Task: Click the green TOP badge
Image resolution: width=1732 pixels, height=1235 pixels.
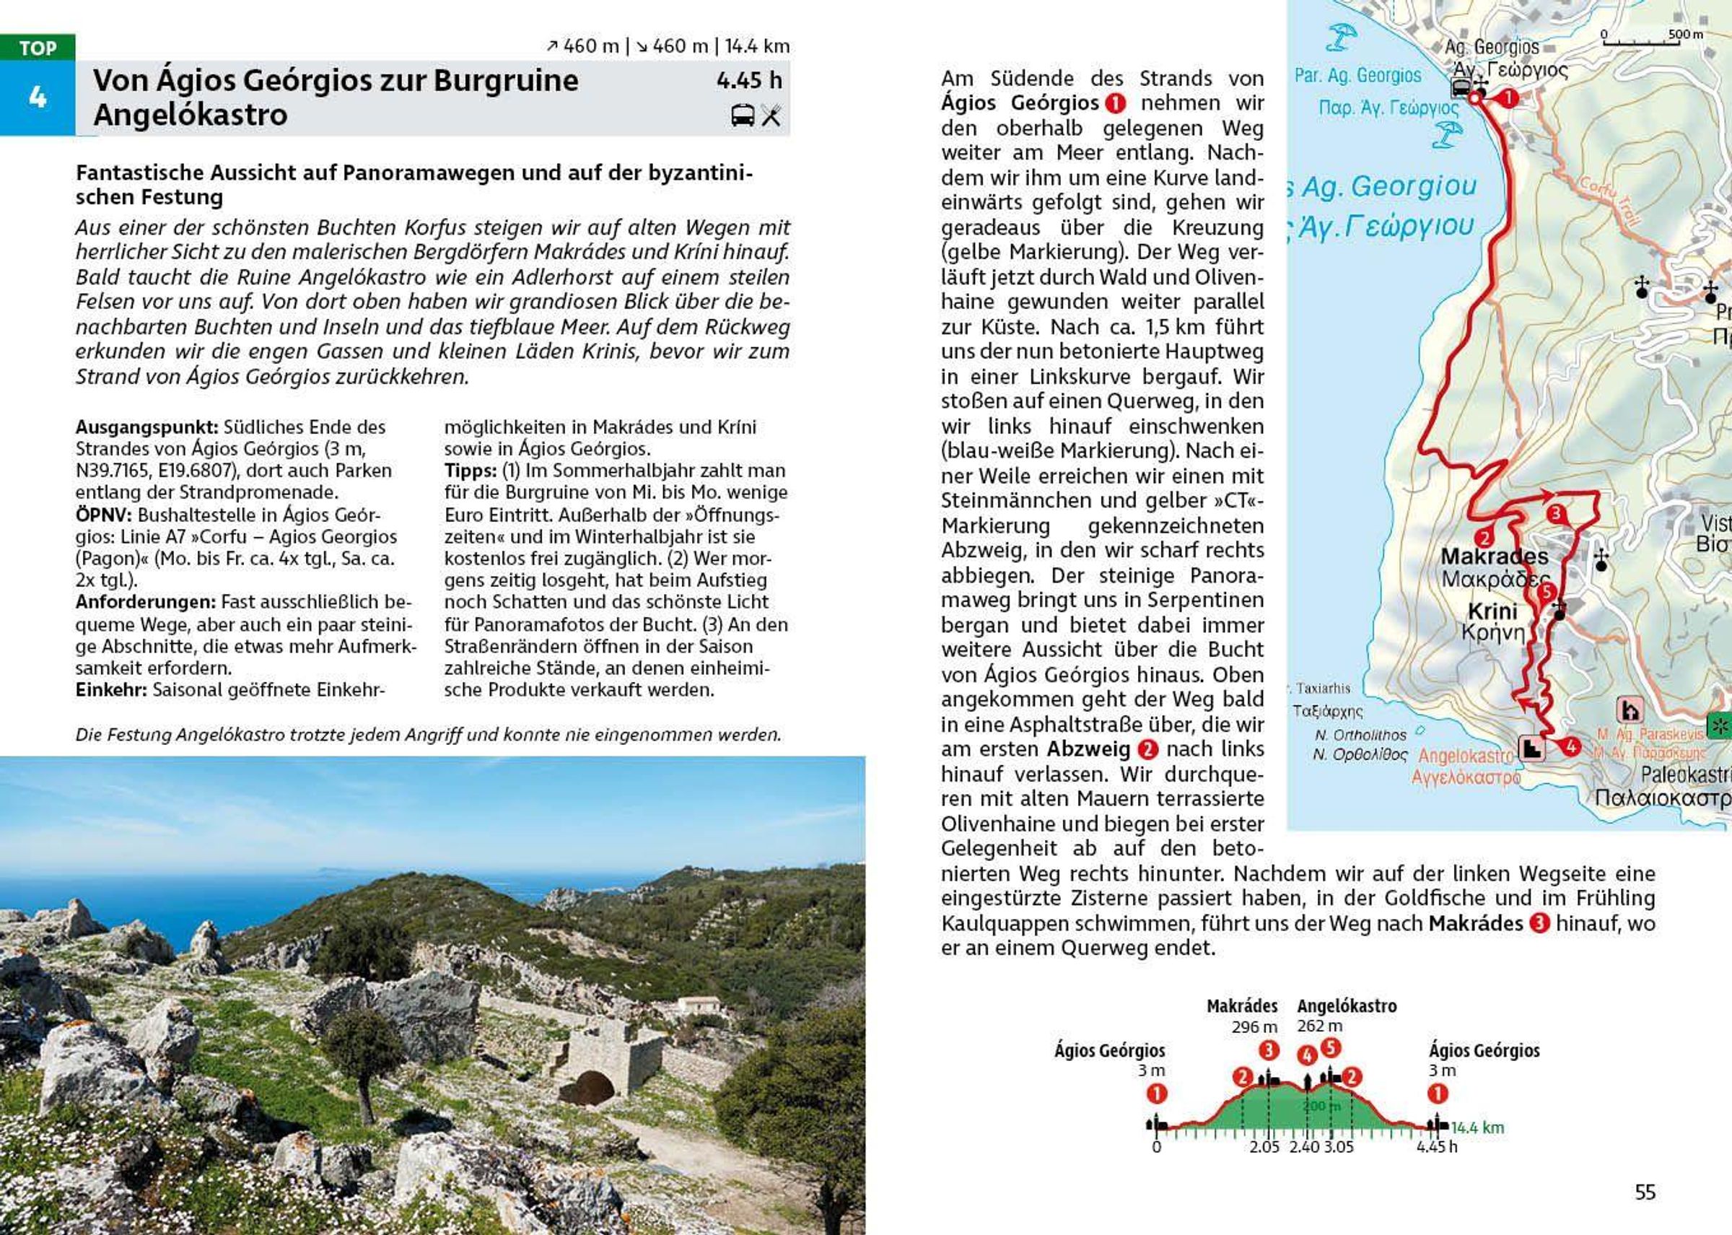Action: click(38, 48)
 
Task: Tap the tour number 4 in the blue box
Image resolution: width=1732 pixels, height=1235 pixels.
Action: click(38, 97)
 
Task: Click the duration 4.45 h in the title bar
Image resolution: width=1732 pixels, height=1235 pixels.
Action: click(748, 81)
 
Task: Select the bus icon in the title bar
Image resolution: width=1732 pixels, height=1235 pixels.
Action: click(742, 115)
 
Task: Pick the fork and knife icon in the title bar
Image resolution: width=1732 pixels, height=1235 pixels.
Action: click(771, 115)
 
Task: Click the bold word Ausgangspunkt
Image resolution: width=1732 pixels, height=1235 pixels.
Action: click(146, 427)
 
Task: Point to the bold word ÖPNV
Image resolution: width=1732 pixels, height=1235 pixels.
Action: click(103, 515)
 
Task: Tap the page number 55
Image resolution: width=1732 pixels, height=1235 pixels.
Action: click(1645, 1192)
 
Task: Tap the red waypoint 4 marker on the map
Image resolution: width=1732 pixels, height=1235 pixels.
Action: click(1571, 748)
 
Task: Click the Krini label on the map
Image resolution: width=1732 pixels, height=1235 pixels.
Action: click(1492, 611)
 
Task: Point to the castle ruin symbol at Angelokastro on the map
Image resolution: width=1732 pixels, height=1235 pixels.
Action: click(1532, 749)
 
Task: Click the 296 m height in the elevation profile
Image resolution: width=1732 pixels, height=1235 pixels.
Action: click(1254, 1026)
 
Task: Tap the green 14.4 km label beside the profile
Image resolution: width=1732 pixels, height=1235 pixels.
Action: click(1477, 1127)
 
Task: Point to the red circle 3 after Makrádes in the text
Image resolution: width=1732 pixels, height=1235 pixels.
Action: click(1539, 924)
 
